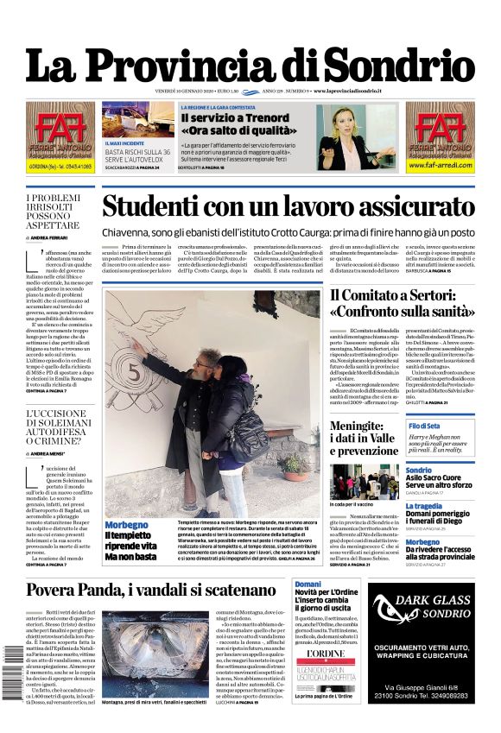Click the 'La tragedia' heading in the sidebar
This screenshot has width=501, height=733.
click(424, 506)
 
